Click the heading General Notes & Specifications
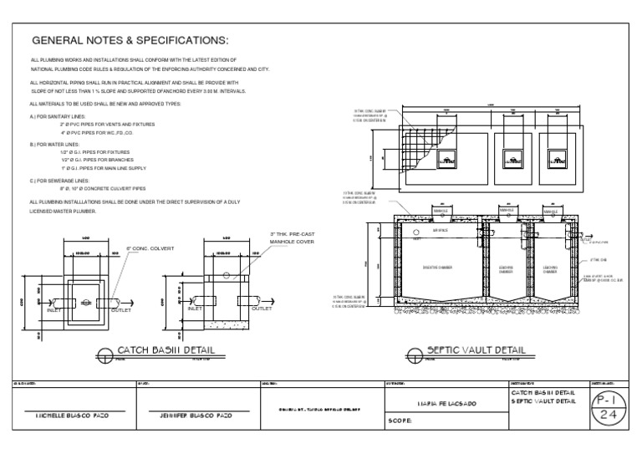130,42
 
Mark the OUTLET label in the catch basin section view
262,308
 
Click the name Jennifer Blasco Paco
195,415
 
